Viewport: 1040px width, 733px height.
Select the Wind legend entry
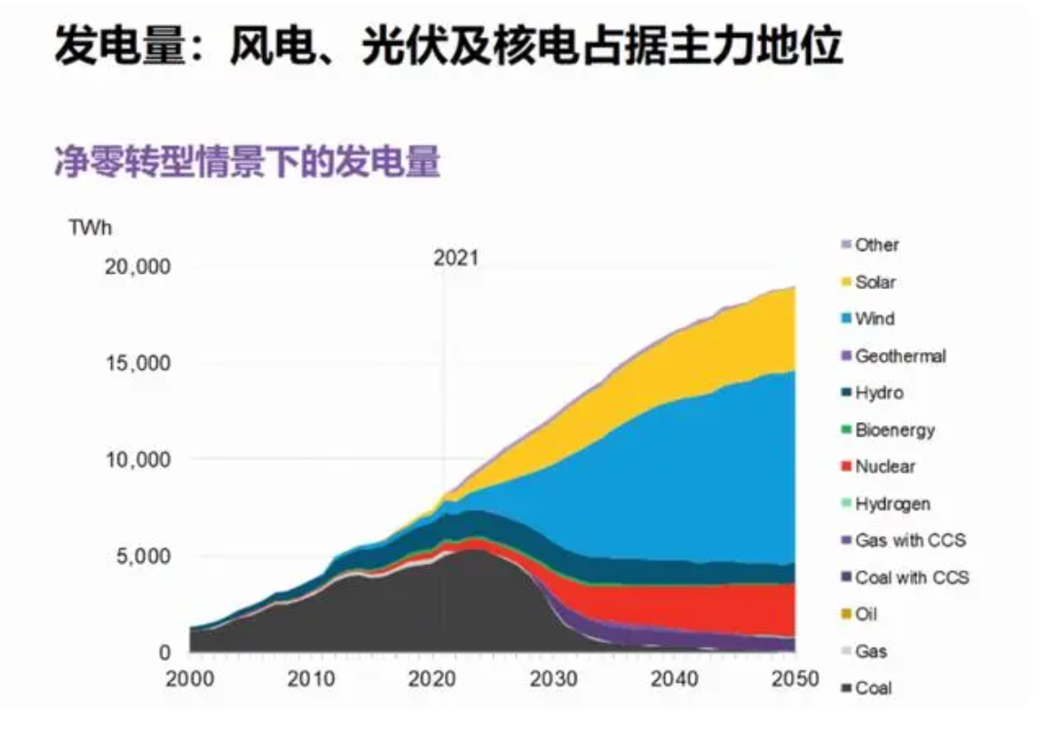[x=874, y=318]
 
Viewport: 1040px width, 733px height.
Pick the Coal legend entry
[x=873, y=688]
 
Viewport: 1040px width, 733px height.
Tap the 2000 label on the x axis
[x=190, y=678]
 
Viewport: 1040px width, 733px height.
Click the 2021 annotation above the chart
[x=455, y=258]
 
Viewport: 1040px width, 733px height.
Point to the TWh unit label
[x=90, y=226]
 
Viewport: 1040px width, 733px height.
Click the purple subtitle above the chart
[x=246, y=164]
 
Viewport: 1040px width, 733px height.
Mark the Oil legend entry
[x=866, y=615]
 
